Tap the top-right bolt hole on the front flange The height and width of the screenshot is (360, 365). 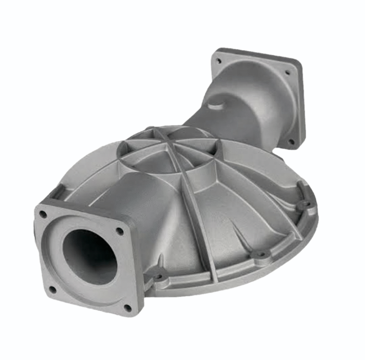pyautogui.click(x=120, y=231)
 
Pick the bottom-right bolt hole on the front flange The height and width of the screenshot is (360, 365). pyautogui.click(x=127, y=308)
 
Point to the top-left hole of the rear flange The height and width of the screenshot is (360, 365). pyautogui.click(x=218, y=61)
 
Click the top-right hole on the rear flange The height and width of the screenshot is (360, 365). pyautogui.click(x=287, y=73)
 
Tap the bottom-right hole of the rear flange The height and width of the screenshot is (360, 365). pyautogui.click(x=291, y=141)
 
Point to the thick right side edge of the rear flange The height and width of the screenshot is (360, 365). pyautogui.click(x=301, y=106)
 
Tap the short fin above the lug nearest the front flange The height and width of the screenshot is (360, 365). pyautogui.click(x=160, y=261)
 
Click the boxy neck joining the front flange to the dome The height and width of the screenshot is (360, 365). pyautogui.click(x=109, y=197)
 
